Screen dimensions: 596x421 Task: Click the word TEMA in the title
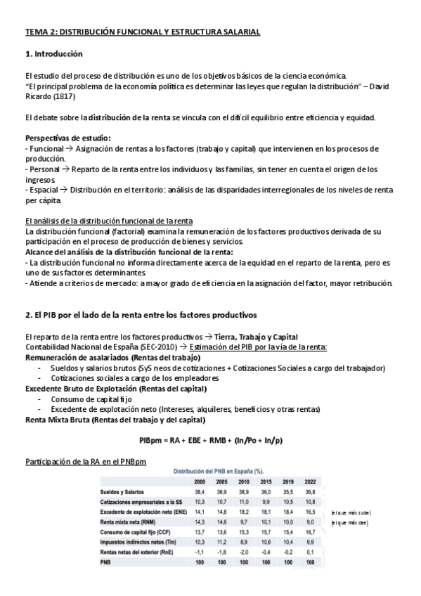click(x=35, y=32)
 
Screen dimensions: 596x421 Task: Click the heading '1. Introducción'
click(x=54, y=53)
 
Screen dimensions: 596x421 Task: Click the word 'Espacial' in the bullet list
click(x=44, y=190)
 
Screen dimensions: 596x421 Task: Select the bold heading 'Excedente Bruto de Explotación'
click(x=91, y=389)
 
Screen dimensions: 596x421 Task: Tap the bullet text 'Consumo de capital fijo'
click(x=94, y=399)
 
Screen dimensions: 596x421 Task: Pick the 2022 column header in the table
click(x=309, y=482)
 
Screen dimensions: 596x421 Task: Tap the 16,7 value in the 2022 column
click(x=309, y=533)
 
